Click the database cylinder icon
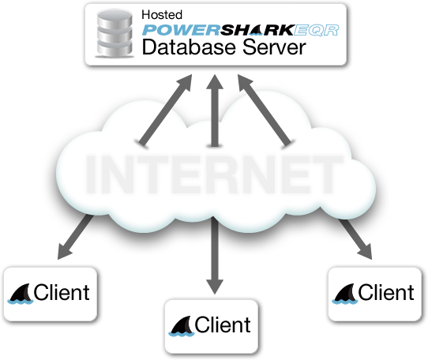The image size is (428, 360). click(115, 33)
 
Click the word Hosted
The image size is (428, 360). click(162, 15)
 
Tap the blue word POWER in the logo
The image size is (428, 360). click(181, 30)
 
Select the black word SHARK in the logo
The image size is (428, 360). click(257, 30)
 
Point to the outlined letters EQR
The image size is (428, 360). click(317, 30)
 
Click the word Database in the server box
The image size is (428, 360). click(189, 47)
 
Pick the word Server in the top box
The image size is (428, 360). click(274, 47)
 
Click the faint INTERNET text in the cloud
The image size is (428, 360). click(214, 174)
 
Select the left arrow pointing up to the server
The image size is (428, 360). click(166, 110)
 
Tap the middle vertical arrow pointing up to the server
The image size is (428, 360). click(215, 110)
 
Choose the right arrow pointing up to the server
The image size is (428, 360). click(265, 110)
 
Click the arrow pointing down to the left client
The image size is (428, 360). click(76, 237)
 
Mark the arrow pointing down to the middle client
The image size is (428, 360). click(215, 256)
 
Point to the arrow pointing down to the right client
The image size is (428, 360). click(355, 239)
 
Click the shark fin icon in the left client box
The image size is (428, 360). click(20, 294)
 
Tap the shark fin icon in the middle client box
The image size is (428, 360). click(182, 326)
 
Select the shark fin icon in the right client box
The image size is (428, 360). click(345, 294)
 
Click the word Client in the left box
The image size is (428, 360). click(62, 292)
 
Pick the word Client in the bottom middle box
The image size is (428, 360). click(223, 324)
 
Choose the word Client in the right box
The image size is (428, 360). click(386, 292)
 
